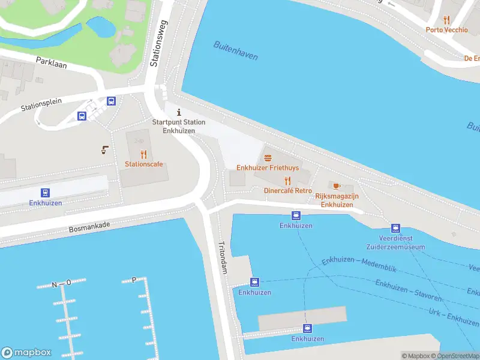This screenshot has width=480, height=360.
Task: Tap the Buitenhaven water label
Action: pos(236,52)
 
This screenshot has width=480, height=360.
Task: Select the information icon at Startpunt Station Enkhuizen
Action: pos(178,112)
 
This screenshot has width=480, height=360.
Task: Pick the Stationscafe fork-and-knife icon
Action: pos(143,154)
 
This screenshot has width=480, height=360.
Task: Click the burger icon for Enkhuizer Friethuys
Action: pos(268,158)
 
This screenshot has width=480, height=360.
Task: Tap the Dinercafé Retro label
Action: pos(287,190)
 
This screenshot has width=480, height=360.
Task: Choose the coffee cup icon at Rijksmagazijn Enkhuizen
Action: pos(336,185)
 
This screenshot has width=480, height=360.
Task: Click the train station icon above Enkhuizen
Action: pos(46,193)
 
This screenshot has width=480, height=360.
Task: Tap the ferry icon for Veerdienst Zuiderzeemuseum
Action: pos(395,228)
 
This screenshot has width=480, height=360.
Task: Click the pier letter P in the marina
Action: pos(133,280)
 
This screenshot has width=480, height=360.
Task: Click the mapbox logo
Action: pos(26,353)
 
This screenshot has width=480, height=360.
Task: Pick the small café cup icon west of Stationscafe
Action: pos(106,149)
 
